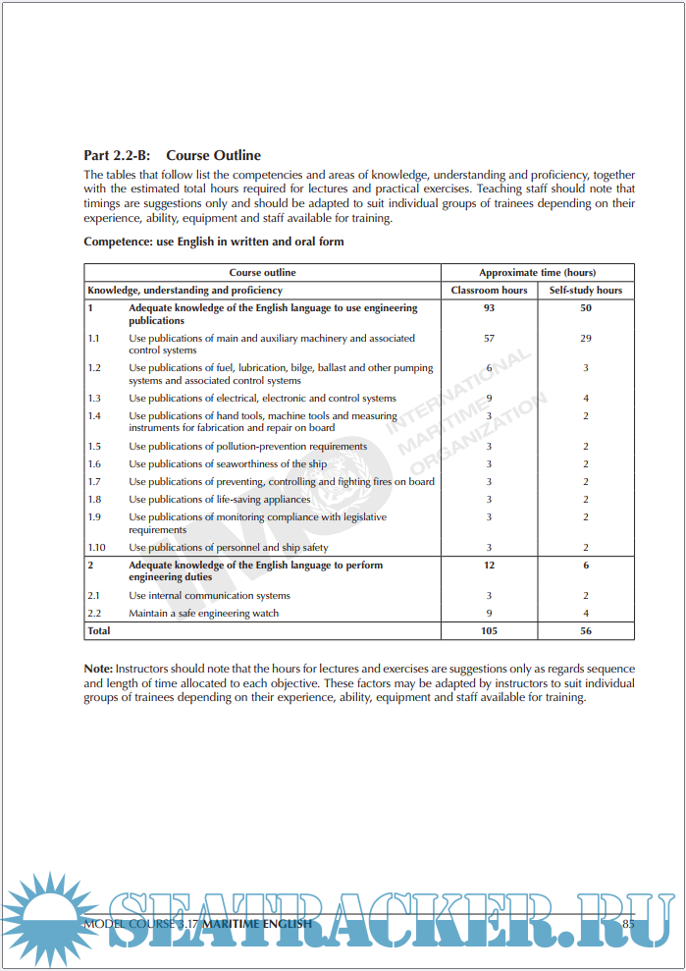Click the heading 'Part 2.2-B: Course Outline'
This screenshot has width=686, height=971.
coord(173,155)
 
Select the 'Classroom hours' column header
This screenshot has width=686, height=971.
coord(489,291)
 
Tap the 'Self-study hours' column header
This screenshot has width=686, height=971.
coord(586,291)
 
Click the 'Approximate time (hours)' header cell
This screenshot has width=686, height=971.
coord(537,273)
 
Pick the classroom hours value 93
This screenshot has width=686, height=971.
coord(489,308)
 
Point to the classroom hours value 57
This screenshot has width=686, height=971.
coord(489,339)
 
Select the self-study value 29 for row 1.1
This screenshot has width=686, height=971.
coord(586,339)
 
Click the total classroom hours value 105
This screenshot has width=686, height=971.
coord(489,631)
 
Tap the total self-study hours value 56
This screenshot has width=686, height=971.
coord(586,631)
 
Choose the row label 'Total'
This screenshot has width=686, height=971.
coord(99,631)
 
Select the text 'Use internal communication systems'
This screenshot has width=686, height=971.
coord(209,596)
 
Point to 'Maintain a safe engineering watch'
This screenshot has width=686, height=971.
coord(203,614)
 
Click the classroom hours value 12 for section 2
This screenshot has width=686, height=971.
coord(489,566)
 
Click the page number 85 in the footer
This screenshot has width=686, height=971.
coord(628,924)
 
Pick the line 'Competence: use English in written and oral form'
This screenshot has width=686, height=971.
coord(214,242)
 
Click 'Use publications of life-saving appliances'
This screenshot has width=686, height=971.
coord(220,500)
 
